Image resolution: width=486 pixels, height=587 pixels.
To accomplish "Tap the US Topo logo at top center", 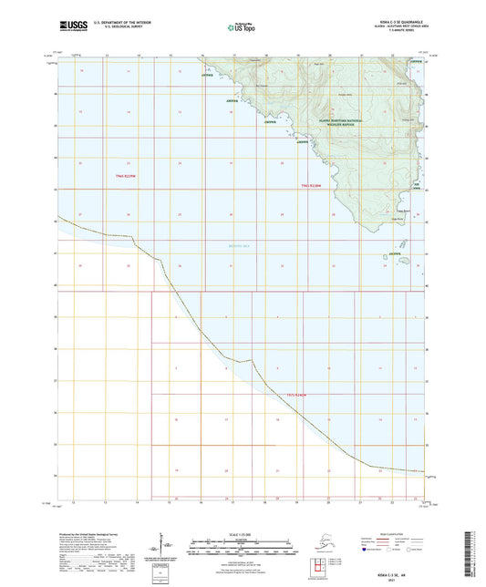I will tap(243, 28).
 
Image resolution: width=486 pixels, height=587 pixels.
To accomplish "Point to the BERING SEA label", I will tap(239, 246).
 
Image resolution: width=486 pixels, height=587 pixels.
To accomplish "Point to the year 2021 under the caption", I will tap(243, 580).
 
